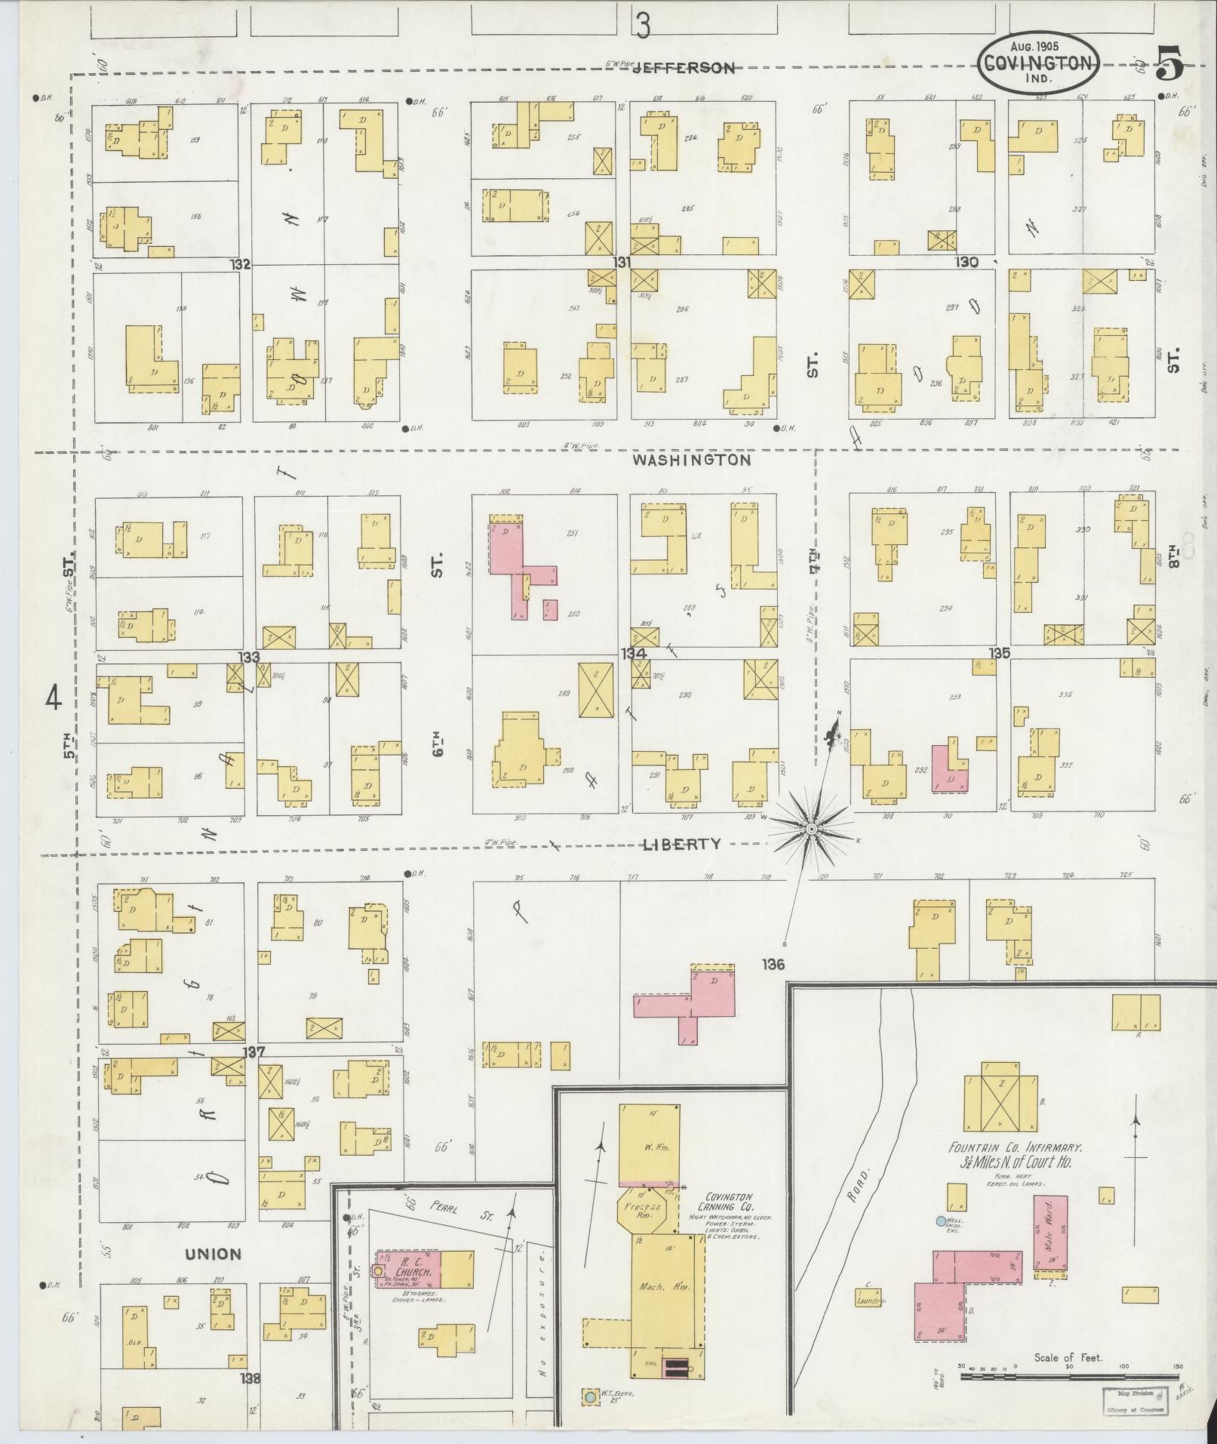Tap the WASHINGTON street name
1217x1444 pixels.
691,459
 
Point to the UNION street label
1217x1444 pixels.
214,1254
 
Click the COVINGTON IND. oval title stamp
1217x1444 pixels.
1039,63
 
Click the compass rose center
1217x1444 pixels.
812,829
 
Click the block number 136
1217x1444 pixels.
773,964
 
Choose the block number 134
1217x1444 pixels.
632,652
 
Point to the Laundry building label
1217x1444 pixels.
869,1301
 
